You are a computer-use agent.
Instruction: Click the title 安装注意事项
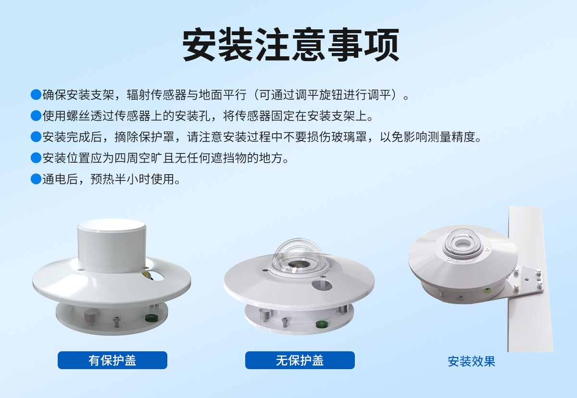291,45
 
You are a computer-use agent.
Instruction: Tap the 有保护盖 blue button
113,360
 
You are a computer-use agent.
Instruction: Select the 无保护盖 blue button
300,360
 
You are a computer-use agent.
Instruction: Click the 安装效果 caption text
471,361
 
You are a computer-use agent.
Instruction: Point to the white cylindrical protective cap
112,245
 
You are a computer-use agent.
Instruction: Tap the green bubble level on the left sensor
151,318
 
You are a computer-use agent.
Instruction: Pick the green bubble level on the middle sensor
322,324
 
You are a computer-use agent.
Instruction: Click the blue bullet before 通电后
36,179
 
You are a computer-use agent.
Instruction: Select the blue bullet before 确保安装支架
36,95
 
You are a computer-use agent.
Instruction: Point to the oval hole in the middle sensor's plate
322,285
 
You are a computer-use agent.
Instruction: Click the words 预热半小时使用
133,179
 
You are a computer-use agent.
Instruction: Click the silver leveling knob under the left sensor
91,317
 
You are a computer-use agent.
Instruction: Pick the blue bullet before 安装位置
36,158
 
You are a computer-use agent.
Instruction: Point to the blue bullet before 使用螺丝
36,116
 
